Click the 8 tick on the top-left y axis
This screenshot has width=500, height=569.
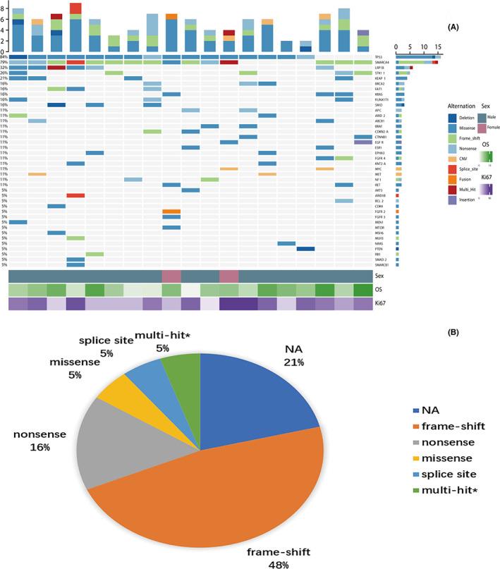pyautogui.click(x=3, y=8)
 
